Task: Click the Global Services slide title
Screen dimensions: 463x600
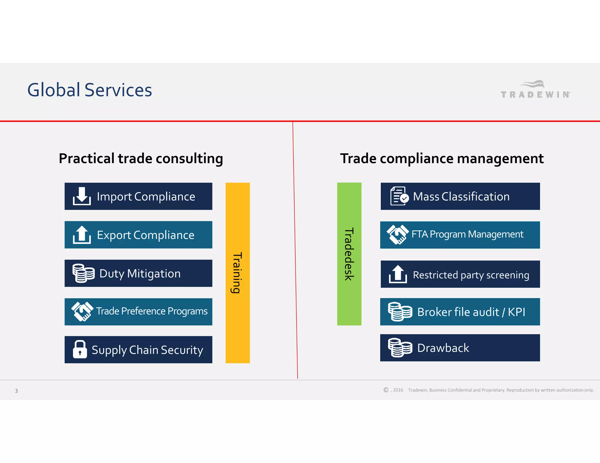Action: [90, 90]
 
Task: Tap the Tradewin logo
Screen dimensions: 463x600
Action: [535, 90]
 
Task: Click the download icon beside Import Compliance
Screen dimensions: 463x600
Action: [82, 196]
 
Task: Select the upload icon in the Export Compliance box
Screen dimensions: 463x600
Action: [82, 235]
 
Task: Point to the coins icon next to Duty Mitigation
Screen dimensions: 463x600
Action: [83, 273]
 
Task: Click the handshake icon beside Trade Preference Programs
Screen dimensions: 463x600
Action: [82, 311]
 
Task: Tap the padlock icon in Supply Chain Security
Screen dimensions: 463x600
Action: [80, 349]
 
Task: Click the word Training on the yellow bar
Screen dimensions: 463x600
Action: [237, 273]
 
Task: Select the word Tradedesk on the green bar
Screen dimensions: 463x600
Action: [349, 254]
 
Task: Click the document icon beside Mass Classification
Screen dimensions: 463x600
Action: [399, 196]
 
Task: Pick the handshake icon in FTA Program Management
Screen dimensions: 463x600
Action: [398, 234]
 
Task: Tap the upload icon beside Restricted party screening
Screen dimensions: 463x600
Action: [398, 274]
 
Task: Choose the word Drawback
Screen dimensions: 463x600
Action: [443, 348]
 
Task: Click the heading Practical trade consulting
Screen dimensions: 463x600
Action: [141, 159]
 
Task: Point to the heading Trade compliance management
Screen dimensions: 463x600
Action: [442, 159]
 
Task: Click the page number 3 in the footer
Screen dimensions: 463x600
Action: [16, 391]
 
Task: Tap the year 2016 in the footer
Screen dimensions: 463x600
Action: [398, 390]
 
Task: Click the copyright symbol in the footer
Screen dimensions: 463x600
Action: [386, 390]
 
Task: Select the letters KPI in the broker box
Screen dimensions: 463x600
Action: [517, 312]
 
